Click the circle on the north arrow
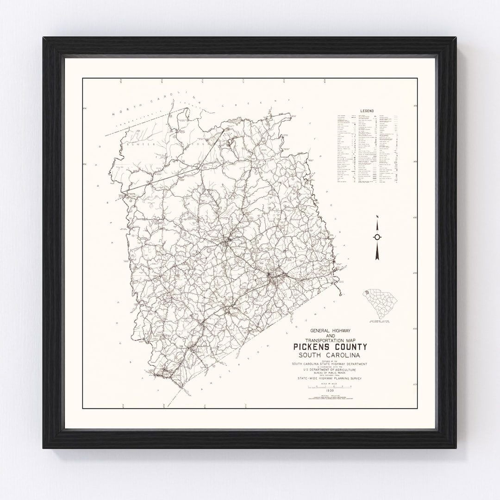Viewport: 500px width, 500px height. click(377, 237)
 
